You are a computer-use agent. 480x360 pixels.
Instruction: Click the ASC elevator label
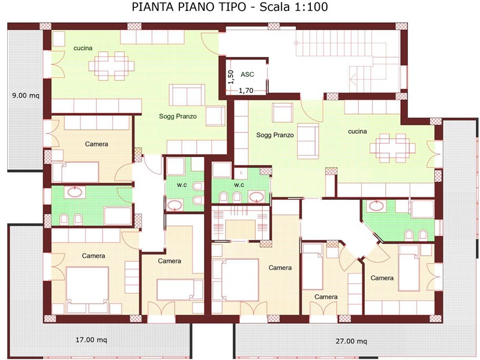tap(247, 74)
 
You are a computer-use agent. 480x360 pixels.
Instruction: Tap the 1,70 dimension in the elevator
tap(246, 91)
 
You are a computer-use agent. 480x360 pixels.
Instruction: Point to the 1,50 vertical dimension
tap(231, 77)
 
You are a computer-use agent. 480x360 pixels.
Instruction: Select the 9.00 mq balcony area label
tap(26, 95)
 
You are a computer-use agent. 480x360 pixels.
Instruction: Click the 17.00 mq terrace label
tap(91, 340)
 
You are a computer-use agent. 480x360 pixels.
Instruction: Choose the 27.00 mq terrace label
tap(351, 341)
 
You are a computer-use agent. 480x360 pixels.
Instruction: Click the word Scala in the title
tap(275, 7)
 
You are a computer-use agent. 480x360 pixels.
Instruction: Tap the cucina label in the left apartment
tap(83, 48)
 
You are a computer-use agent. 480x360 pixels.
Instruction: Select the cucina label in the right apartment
tap(357, 131)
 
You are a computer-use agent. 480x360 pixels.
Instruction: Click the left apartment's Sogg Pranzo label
tap(178, 116)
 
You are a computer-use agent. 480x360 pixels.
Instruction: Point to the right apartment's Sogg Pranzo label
tap(275, 135)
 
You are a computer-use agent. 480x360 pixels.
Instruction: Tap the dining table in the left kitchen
tap(112, 66)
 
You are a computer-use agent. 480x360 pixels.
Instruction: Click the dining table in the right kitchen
tap(392, 148)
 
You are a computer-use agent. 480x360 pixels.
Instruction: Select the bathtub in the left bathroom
tap(118, 216)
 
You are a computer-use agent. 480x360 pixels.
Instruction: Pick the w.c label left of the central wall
tap(182, 185)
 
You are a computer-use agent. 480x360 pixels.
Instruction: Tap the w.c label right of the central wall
tap(239, 185)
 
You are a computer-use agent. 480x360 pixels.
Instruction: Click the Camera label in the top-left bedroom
tap(97, 144)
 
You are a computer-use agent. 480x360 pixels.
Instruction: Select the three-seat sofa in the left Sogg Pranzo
tap(187, 95)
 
